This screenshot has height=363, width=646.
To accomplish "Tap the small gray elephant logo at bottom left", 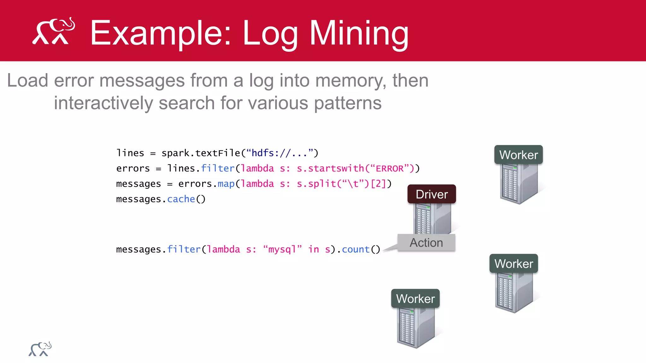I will (40, 349).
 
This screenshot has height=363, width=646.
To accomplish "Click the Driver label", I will (432, 194).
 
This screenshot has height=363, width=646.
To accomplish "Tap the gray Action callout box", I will (426, 243).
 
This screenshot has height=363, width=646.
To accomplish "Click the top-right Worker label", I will (518, 155).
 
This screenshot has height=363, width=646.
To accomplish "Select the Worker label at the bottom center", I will (415, 298).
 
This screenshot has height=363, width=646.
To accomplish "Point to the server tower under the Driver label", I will (432, 219).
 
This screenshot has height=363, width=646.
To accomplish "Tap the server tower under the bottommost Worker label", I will (415, 327).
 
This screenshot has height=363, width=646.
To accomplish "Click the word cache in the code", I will (181, 199).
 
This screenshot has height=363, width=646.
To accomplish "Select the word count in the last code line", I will (355, 249).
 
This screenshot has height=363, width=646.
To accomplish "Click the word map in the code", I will (226, 184).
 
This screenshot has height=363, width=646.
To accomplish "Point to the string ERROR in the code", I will (390, 169).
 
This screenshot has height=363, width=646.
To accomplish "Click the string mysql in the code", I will (282, 249).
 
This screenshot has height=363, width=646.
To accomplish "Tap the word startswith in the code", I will (336, 169).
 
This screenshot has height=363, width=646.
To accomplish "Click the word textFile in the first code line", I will (218, 153).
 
